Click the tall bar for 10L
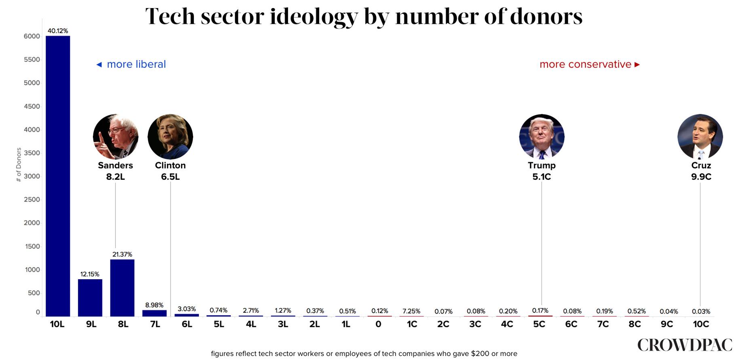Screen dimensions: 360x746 point(58,176)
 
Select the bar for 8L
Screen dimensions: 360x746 point(122,288)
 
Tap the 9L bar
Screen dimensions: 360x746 point(90,298)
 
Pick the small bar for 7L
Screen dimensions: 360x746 point(154,313)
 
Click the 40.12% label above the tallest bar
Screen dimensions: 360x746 point(58,31)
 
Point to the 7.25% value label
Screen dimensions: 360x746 point(411,311)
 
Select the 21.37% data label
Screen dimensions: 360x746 point(122,254)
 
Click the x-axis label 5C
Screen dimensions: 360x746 point(539,324)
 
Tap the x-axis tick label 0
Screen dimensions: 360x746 point(378,324)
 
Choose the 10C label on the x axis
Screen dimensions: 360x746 point(701,324)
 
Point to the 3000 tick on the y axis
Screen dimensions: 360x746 point(32,176)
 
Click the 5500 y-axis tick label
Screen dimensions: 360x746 point(32,59)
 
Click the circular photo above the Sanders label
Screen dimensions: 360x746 point(116,137)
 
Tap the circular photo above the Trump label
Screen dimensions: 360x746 point(542,137)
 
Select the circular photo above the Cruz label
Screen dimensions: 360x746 point(700,137)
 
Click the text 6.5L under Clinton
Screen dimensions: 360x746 point(170,177)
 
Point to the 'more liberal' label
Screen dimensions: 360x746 point(136,64)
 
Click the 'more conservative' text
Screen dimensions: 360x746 point(585,64)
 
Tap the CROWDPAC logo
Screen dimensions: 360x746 point(685,345)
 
